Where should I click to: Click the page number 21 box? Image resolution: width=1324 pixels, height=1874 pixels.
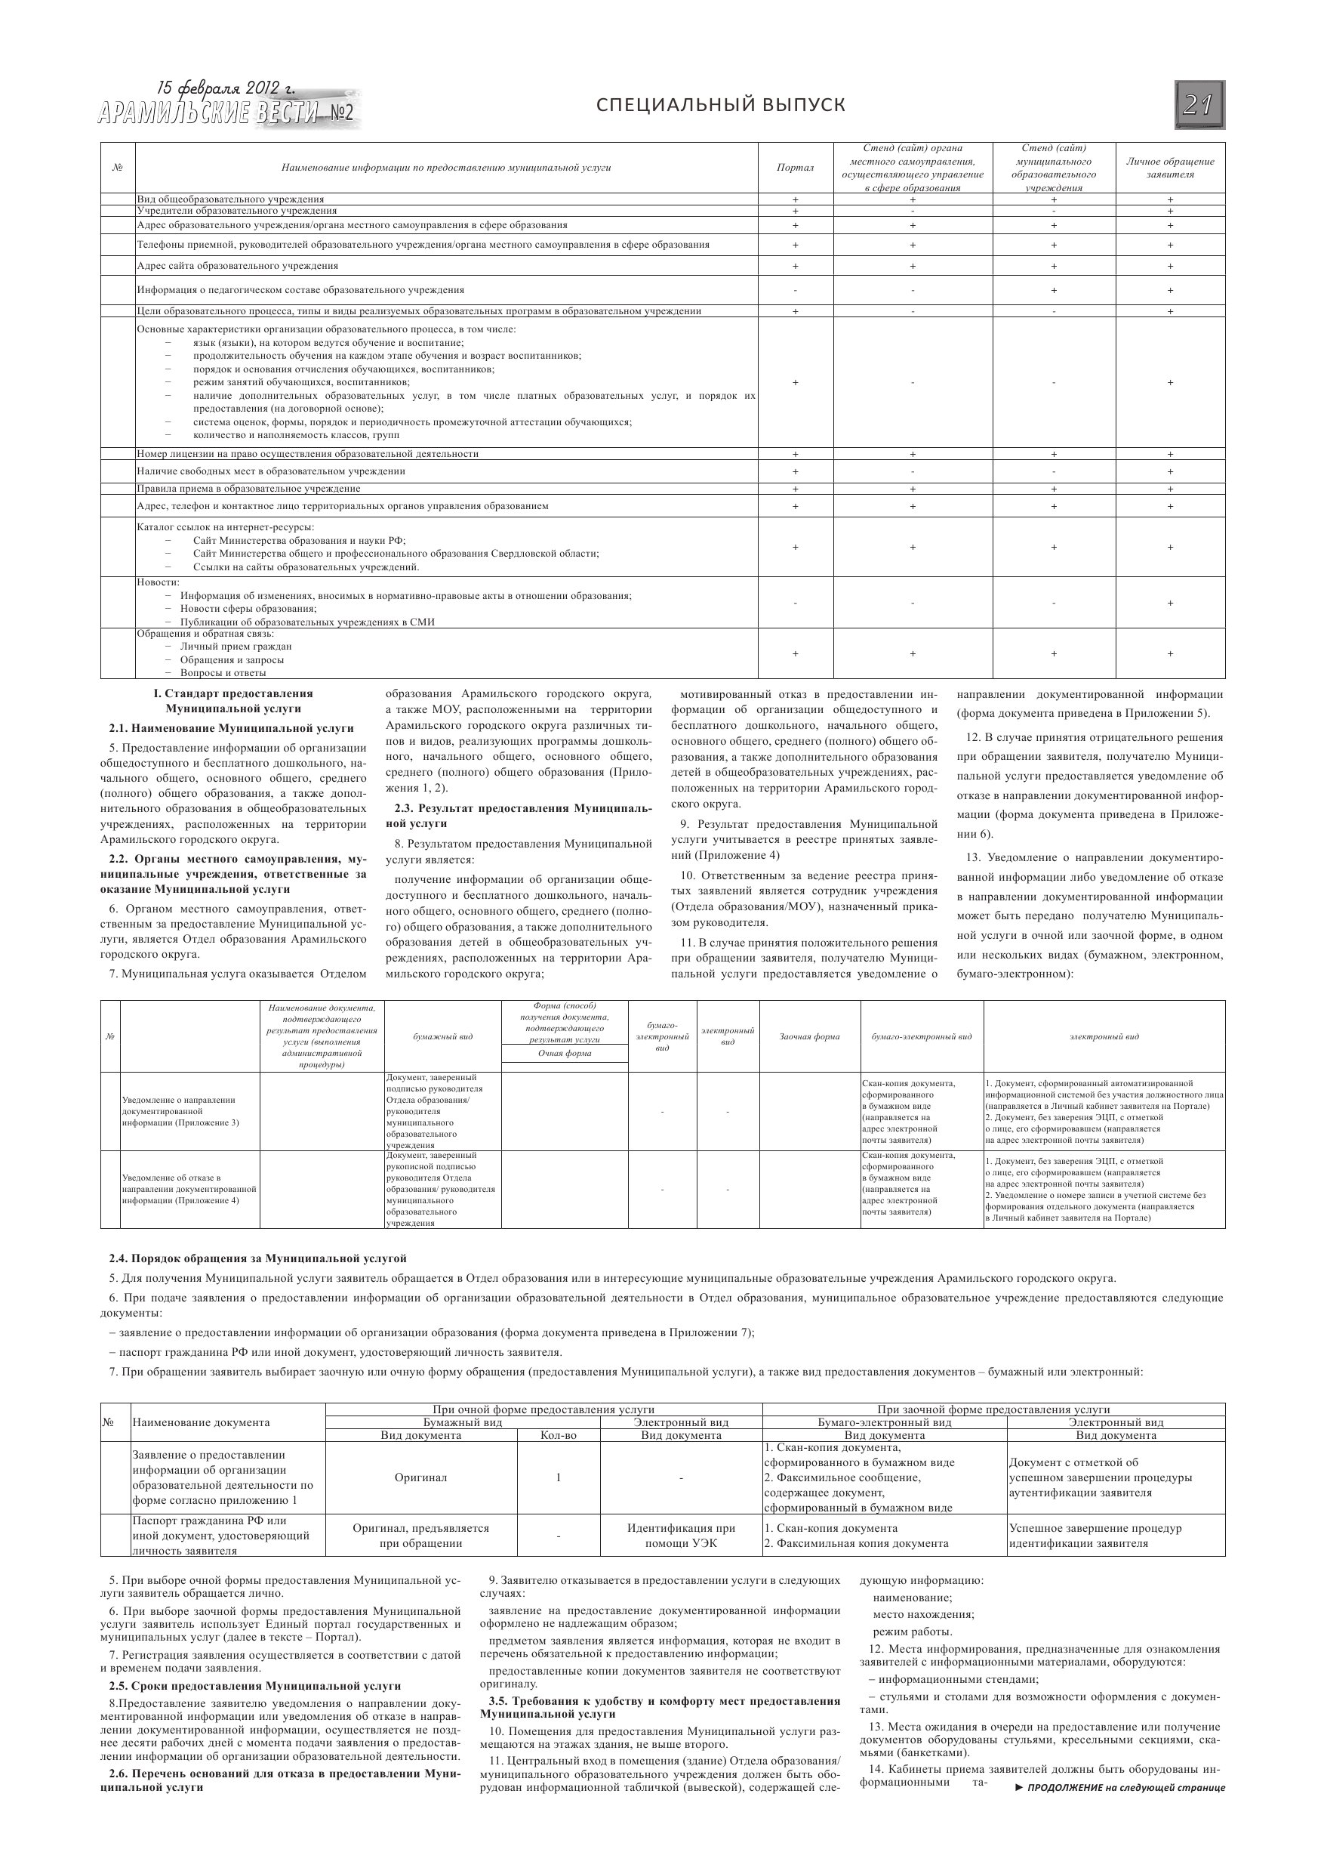[1199, 104]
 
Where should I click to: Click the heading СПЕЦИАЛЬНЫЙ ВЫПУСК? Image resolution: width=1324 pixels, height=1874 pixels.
[720, 104]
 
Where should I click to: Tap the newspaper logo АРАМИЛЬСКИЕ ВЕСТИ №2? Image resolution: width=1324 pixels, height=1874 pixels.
[226, 113]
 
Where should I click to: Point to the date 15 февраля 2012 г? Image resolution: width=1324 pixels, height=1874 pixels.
[226, 88]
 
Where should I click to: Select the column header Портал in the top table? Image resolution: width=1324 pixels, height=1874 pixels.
[795, 168]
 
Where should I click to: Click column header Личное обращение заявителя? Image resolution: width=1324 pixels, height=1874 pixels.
[1170, 168]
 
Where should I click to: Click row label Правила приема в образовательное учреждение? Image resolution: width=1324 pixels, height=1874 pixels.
[249, 489]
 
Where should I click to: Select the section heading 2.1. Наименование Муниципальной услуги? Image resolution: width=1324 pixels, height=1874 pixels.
[232, 728]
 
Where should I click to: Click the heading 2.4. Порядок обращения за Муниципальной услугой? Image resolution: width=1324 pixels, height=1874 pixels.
[258, 1258]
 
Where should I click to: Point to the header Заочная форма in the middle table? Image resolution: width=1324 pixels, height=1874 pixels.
[809, 1036]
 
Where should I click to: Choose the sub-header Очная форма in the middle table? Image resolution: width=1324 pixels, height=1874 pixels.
[565, 1054]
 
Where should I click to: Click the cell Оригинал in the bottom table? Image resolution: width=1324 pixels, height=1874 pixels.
[421, 1478]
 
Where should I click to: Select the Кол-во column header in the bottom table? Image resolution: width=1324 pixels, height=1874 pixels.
[558, 1435]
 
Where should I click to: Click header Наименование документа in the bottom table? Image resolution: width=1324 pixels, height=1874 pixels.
[201, 1422]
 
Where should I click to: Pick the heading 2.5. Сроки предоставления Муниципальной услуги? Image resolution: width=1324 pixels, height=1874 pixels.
[255, 1686]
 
